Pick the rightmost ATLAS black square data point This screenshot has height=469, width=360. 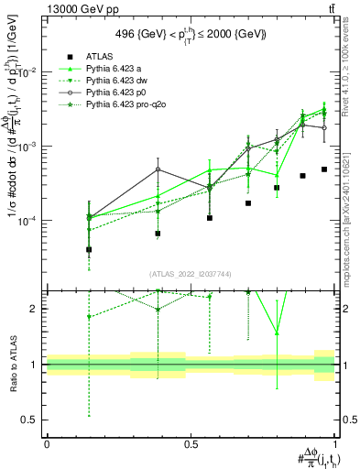(324, 169)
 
